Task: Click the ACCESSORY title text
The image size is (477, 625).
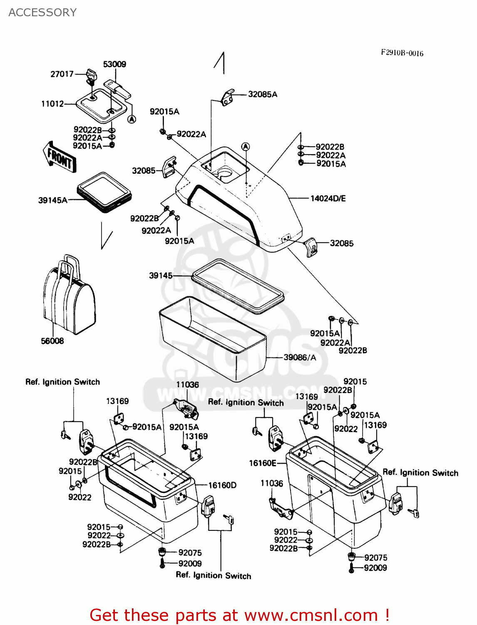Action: click(x=42, y=12)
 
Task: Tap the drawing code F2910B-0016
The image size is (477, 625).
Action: click(x=402, y=53)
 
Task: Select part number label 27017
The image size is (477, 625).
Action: click(x=62, y=74)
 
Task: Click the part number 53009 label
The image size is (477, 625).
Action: click(x=114, y=64)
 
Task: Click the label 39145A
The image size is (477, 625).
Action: click(x=52, y=200)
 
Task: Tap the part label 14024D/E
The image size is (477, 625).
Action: click(x=328, y=198)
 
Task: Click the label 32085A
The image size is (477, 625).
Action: click(x=262, y=94)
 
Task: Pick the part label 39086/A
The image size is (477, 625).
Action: click(x=300, y=357)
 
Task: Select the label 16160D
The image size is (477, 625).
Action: click(x=222, y=485)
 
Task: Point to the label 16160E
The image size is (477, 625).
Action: click(x=262, y=463)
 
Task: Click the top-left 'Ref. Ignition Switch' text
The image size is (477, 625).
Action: click(x=62, y=382)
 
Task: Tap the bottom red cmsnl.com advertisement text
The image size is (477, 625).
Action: click(x=239, y=615)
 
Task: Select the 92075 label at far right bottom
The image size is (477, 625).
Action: click(x=375, y=557)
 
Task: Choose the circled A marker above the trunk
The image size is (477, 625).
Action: click(x=246, y=147)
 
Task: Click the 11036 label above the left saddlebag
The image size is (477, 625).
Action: click(x=187, y=385)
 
